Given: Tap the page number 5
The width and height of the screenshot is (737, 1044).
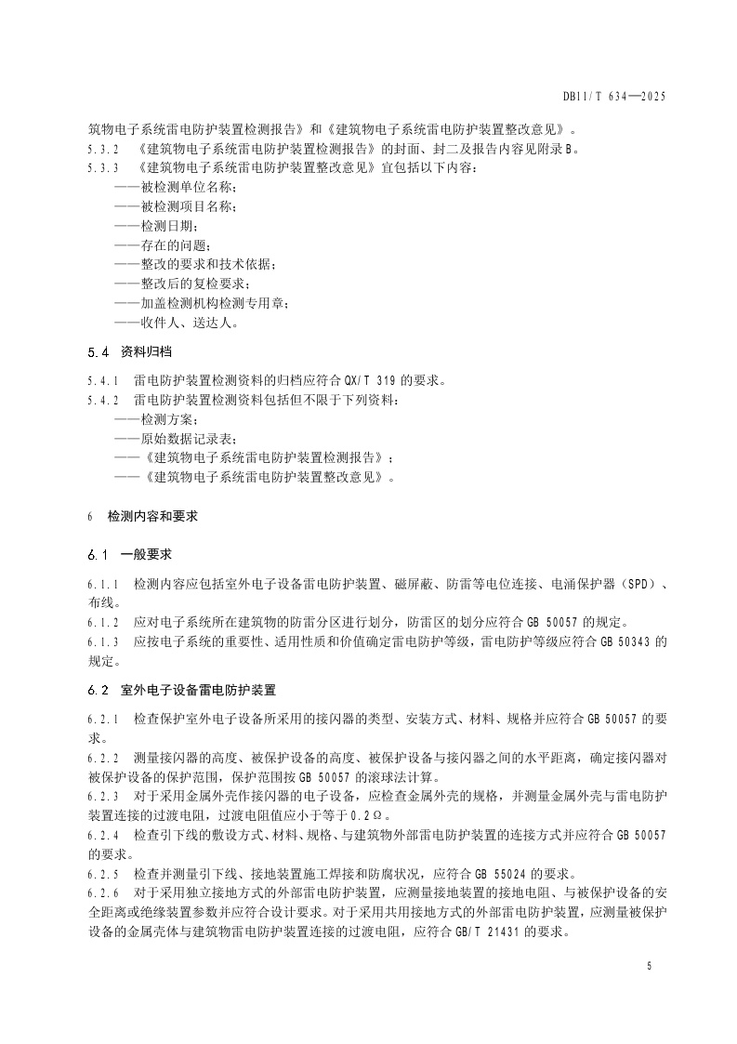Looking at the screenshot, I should (649, 967).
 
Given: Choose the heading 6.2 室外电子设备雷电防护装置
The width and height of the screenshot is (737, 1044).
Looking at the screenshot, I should (182, 691).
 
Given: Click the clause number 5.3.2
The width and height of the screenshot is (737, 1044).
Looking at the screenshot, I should (104, 149).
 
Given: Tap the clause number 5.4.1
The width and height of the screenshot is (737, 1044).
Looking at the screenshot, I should (104, 379).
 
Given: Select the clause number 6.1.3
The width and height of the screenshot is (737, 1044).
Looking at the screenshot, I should (104, 642).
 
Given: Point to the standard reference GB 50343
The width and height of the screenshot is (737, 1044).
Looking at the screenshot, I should (615, 642).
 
